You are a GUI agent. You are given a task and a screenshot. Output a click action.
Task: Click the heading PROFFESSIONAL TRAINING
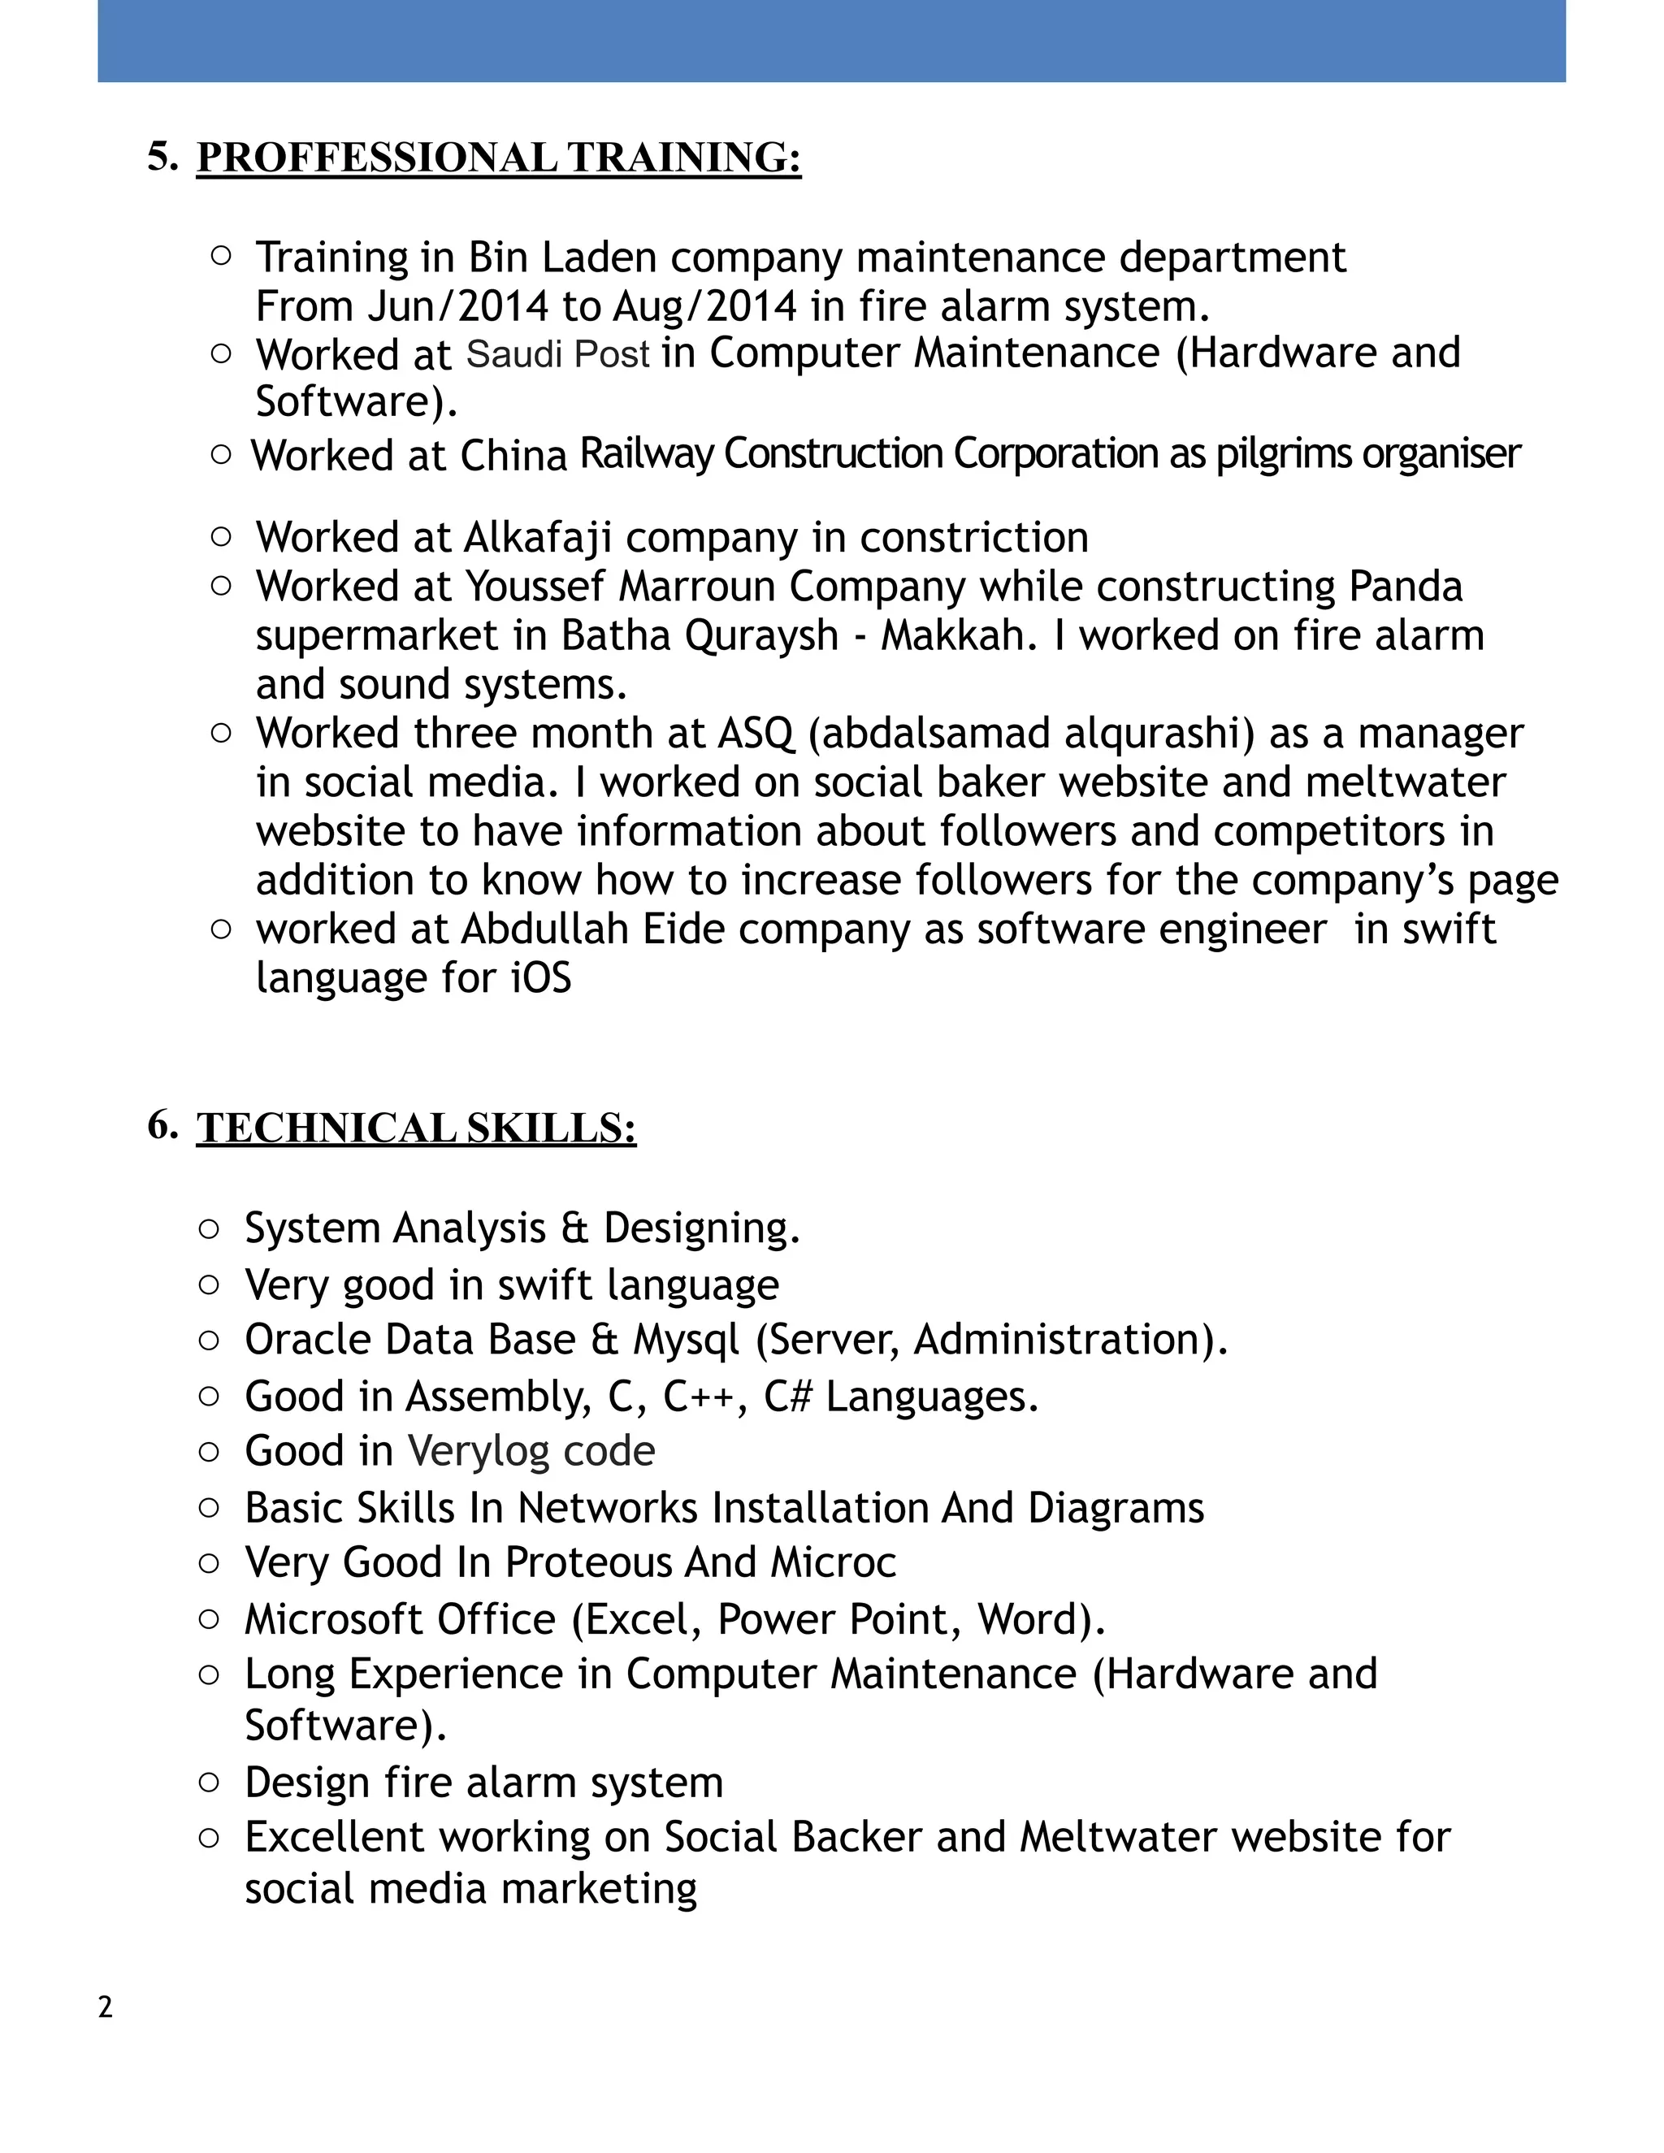pos(498,158)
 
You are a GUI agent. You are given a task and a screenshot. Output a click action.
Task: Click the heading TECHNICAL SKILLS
pos(415,1128)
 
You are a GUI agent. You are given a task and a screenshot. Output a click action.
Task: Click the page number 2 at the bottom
pos(106,2007)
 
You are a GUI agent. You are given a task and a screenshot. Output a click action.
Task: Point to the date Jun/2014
pos(457,306)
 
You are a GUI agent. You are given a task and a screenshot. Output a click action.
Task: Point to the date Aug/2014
pos(704,306)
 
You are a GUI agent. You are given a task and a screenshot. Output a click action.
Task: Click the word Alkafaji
pos(537,537)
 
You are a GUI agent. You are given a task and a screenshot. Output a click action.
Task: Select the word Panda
pos(1405,587)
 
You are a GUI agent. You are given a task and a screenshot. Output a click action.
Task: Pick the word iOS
pos(541,979)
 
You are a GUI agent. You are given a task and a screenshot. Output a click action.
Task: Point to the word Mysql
pos(686,1341)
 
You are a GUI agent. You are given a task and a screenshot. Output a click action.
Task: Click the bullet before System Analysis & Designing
pos(209,1228)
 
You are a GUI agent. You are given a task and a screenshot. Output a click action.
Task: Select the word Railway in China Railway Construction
pos(646,454)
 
